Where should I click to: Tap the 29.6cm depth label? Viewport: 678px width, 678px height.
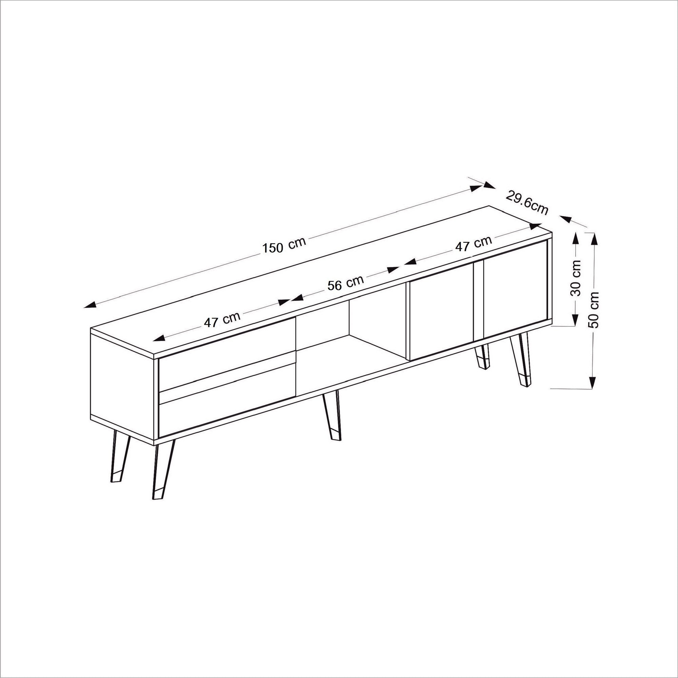(x=527, y=202)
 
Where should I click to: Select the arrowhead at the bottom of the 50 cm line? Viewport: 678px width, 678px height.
(x=592, y=382)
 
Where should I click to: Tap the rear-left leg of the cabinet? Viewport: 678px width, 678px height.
(x=118, y=460)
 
